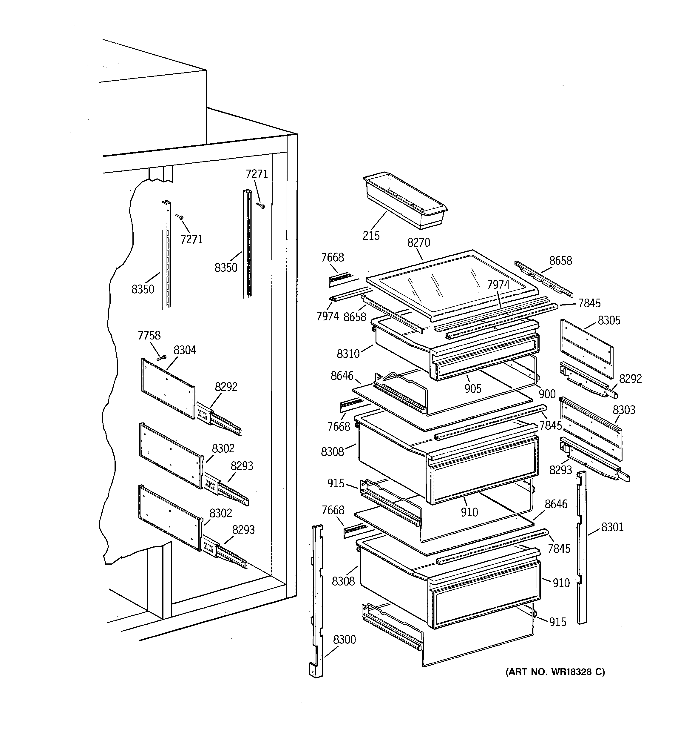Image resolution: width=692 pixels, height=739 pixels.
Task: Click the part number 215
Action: (371, 236)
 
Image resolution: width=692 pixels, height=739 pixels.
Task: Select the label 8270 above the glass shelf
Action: (418, 243)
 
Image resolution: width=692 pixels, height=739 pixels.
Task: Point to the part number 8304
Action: (185, 350)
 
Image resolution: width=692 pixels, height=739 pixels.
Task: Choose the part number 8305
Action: (609, 320)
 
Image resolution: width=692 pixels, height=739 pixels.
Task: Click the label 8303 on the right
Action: (624, 410)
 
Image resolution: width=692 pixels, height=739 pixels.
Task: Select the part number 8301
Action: (612, 527)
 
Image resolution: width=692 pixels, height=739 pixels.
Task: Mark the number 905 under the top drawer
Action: (473, 388)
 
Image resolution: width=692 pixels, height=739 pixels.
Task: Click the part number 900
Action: (547, 394)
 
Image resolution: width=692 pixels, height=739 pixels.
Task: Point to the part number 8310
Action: (348, 354)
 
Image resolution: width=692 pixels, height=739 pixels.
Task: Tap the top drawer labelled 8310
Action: (457, 346)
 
